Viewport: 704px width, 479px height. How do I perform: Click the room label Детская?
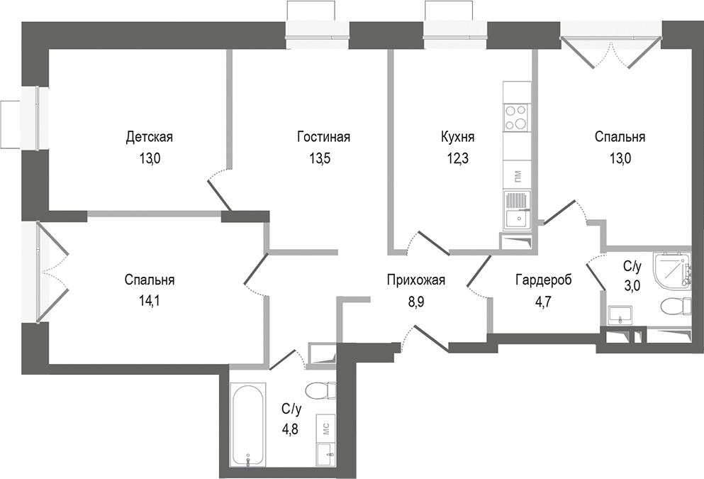(149, 136)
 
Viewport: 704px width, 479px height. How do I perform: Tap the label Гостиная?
(323, 136)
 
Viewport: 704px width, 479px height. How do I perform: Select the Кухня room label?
(457, 136)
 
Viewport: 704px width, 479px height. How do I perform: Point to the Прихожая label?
(415, 280)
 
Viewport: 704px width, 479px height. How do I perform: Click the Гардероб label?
(543, 280)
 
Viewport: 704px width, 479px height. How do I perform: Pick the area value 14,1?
(149, 300)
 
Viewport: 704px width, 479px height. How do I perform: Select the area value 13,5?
(323, 158)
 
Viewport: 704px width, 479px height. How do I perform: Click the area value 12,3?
(457, 158)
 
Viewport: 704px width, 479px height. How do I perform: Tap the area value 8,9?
(415, 301)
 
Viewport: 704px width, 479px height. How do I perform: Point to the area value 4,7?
(543, 301)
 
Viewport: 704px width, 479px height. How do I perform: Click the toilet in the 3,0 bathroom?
(674, 307)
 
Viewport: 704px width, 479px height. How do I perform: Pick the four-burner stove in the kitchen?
(515, 117)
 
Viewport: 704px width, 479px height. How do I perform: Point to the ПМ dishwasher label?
(516, 175)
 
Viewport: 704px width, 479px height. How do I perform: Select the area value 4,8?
(291, 429)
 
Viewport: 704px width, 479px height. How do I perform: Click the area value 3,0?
(632, 286)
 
